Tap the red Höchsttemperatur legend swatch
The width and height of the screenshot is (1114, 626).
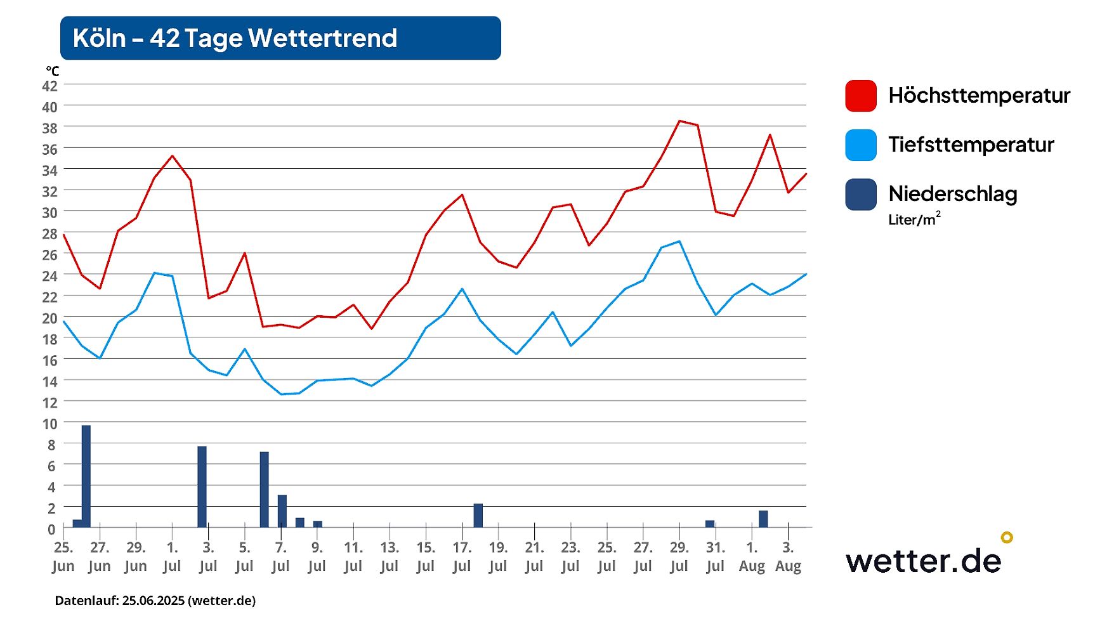pyautogui.click(x=860, y=96)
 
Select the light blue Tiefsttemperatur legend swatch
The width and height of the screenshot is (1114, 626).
pyautogui.click(x=860, y=145)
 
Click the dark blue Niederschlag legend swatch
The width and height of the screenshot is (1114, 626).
pyautogui.click(x=860, y=194)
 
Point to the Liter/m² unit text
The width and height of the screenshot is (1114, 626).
pyautogui.click(x=914, y=219)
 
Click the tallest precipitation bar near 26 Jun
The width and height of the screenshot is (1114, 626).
pyautogui.click(x=86, y=476)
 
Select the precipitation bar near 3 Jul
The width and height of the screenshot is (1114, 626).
pyautogui.click(x=202, y=486)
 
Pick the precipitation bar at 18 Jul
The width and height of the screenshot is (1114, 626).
pyautogui.click(x=478, y=515)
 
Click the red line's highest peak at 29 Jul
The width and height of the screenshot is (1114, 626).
pyautogui.click(x=679, y=121)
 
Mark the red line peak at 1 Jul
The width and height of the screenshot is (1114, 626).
pyautogui.click(x=172, y=156)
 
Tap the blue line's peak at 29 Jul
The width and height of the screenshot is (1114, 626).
pyautogui.click(x=679, y=241)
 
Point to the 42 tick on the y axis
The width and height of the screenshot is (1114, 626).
pyautogui.click(x=49, y=86)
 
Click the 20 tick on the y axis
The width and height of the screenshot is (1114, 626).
pyautogui.click(x=49, y=318)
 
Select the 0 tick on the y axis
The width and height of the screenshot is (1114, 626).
pyautogui.click(x=51, y=529)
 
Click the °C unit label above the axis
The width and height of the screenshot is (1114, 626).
pyautogui.click(x=52, y=71)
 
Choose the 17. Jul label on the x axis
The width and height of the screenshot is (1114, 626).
pyautogui.click(x=462, y=556)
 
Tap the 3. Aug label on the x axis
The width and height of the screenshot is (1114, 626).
pyautogui.click(x=788, y=556)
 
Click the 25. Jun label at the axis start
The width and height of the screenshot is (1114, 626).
pyautogui.click(x=63, y=556)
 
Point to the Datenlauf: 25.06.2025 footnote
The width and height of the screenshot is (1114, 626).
pyautogui.click(x=155, y=601)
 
